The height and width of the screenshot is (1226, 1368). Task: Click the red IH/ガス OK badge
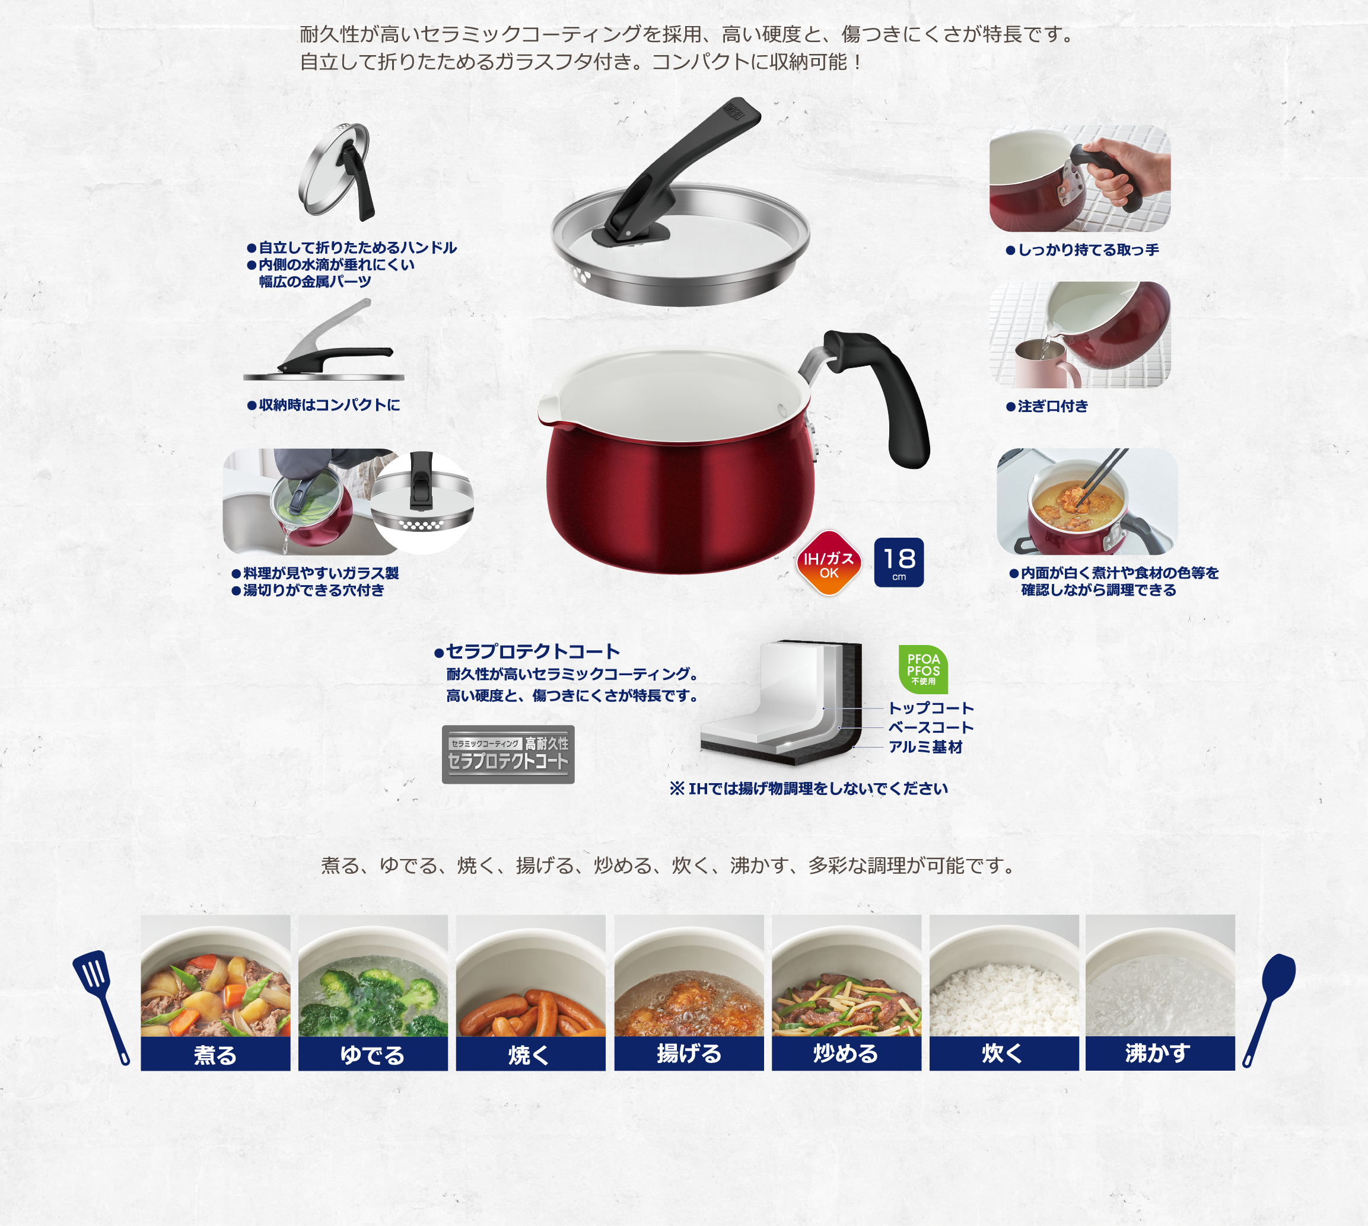tap(828, 563)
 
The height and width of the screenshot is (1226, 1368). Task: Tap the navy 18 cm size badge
tap(898, 563)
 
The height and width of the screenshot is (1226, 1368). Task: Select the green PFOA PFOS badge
tap(923, 669)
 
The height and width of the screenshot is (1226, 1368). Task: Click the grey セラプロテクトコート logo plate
tap(508, 755)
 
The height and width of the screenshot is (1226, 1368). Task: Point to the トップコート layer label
tap(931, 708)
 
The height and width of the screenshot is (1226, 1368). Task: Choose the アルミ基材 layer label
tap(925, 747)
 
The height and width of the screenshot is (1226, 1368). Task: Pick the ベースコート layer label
tap(931, 727)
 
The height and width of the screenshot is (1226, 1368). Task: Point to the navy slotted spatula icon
tap(101, 1008)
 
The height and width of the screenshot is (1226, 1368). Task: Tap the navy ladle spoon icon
tap(1269, 1010)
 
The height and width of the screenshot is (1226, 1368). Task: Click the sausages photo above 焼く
tap(531, 975)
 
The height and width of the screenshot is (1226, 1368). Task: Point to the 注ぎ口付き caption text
tap(1047, 406)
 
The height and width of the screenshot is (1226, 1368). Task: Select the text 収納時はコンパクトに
tap(324, 405)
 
